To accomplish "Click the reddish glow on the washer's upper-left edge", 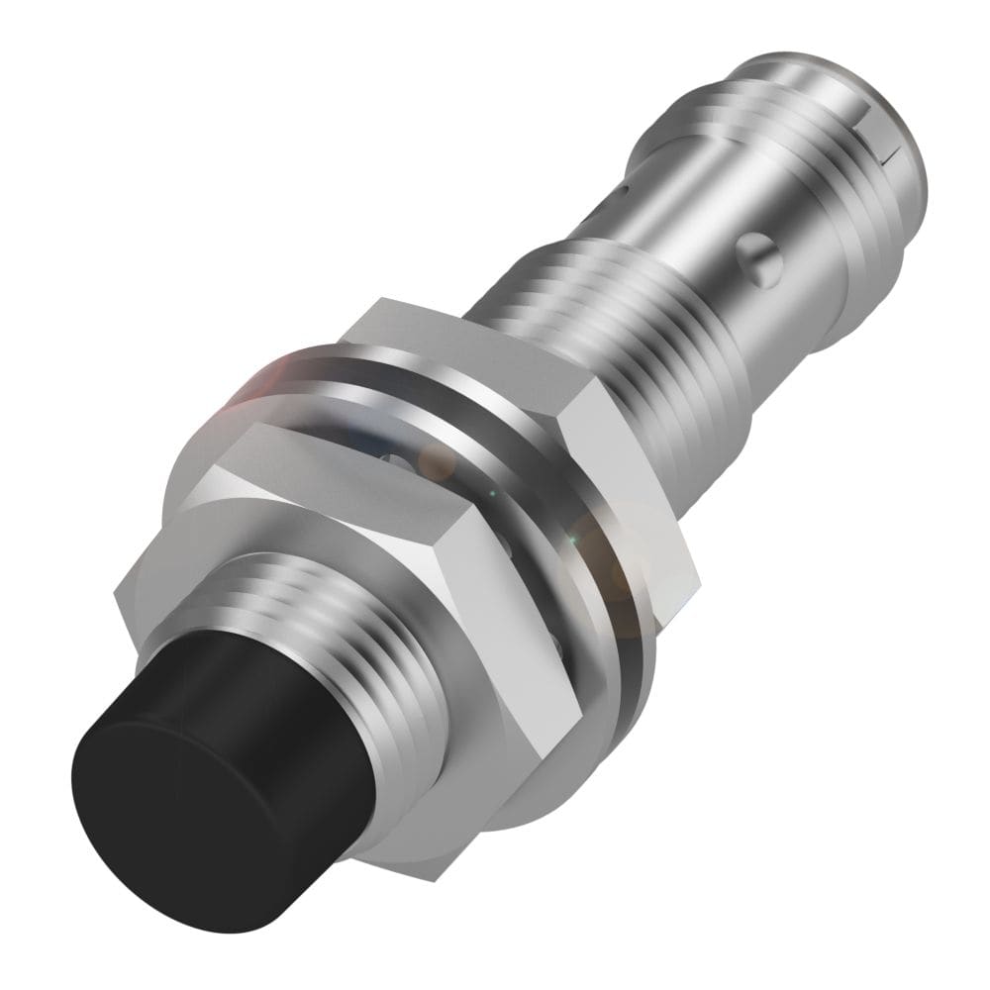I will (x=247, y=396).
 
